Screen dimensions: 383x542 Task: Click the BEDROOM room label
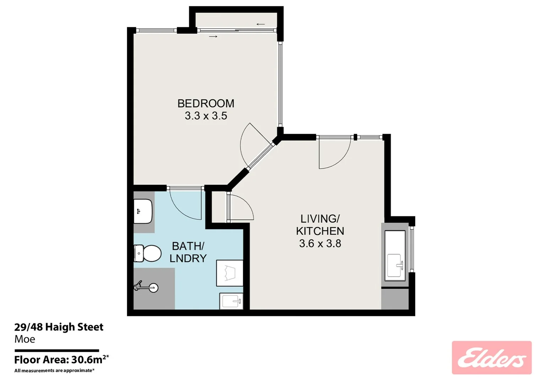tap(206, 104)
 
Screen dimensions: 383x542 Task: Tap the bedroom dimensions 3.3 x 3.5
tap(206, 116)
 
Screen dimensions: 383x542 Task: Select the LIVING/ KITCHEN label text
tap(320, 225)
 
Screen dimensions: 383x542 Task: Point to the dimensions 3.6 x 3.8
tap(320, 244)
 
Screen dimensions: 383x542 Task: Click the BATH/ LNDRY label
tap(188, 252)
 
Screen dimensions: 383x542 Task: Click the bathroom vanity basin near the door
tap(143, 211)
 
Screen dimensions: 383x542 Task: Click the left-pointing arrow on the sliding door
tap(261, 24)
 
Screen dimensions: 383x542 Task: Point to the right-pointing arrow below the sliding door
tap(213, 37)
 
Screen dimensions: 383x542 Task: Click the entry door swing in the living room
tap(334, 154)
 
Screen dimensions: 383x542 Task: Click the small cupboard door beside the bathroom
tap(241, 208)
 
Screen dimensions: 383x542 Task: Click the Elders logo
tap(491, 357)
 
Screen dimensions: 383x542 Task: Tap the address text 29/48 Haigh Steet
tap(59, 327)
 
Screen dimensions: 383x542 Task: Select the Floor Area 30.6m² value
tap(87, 360)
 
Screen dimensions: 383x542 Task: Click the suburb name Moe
tap(25, 339)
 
